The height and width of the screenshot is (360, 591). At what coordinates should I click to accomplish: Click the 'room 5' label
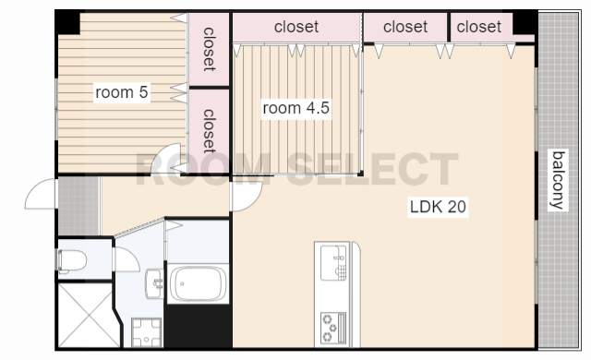121,92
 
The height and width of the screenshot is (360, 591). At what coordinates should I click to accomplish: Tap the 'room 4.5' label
295,108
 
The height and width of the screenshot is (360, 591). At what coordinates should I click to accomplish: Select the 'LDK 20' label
438,207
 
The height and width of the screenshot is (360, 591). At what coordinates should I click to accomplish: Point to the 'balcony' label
558,180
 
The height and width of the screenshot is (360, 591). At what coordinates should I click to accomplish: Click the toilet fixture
72,260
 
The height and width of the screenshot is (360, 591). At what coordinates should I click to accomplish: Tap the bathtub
198,283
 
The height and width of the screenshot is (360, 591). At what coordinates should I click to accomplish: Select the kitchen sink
333,262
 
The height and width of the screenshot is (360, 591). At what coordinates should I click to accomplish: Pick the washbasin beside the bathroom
154,283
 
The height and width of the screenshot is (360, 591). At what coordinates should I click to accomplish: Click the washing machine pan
147,332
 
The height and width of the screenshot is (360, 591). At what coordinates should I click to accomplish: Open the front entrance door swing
41,194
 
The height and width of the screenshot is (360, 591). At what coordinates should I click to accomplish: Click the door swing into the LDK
247,197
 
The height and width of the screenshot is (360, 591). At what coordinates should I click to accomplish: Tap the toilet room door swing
127,259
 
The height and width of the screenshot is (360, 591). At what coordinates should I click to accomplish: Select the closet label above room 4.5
296,27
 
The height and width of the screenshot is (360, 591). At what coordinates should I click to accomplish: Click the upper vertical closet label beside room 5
209,49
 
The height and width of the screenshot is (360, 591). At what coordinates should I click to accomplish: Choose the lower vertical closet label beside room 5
209,131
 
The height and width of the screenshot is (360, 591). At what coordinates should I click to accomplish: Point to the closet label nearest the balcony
478,27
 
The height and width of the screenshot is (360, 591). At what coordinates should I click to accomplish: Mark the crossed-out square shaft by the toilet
89,315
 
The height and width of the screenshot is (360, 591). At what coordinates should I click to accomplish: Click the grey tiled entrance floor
78,206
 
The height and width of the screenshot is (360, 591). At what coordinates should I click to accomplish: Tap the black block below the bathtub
199,326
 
